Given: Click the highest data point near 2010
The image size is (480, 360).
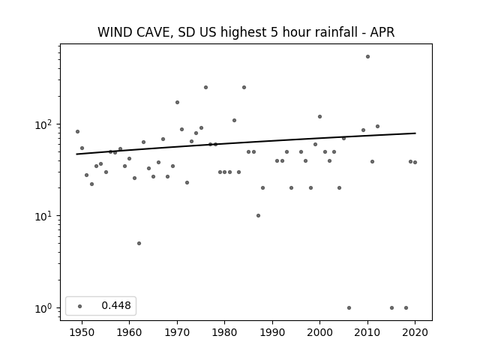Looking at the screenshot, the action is coord(367,57).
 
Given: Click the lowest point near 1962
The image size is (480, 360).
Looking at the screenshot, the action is coord(139,243).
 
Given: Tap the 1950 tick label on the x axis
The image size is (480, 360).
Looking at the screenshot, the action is coord(82,332).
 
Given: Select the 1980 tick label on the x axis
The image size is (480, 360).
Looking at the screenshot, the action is coord(224,332).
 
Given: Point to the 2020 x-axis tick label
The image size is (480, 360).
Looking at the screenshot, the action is coord(415,332).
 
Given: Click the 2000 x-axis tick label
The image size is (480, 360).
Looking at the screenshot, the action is coord(320,332).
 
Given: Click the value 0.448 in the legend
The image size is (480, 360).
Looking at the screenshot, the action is coord(116,305).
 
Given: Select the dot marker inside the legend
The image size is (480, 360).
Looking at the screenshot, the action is coord(80,306).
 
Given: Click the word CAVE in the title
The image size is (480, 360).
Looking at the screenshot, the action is coord(151,32).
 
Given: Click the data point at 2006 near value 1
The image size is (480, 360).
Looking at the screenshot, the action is coord(349,308).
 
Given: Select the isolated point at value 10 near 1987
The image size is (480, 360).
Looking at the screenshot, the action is coord(258,215).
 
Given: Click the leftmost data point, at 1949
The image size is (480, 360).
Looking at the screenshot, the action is coord(77,132).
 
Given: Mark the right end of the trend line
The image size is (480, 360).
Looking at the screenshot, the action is coord(415,133).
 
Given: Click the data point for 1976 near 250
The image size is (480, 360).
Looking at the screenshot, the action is coord(205,87).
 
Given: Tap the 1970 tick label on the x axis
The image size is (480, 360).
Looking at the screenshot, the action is coord(177,332).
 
